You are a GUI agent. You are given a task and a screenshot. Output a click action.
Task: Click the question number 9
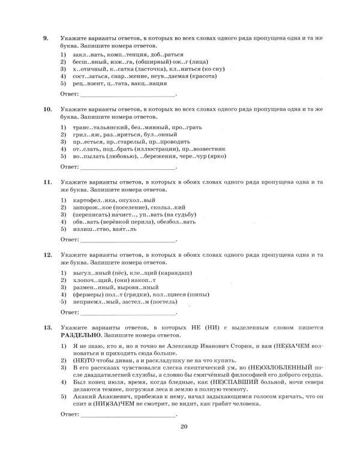coord(45,38)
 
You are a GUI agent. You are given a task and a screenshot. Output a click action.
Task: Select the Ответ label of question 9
coord(70,95)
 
